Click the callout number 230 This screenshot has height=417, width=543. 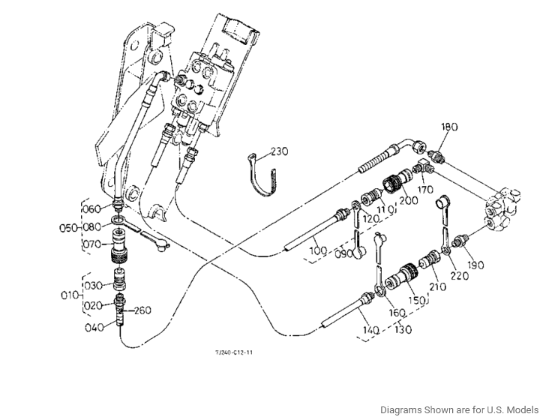click(280, 151)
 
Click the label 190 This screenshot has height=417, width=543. click(475, 265)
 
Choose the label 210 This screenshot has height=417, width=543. click(436, 287)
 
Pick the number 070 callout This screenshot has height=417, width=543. click(91, 243)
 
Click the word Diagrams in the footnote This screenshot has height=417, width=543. click(401, 409)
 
